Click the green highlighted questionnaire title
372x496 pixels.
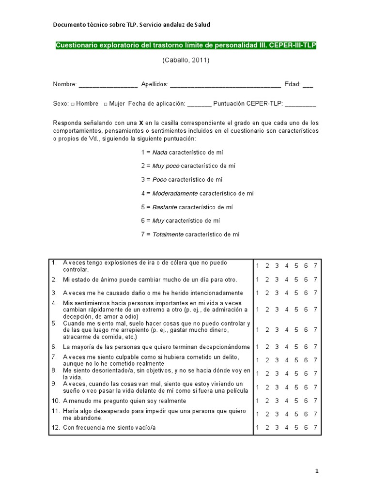[186, 46]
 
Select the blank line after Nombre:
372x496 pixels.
[108, 85]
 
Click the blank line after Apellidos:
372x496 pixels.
[225, 85]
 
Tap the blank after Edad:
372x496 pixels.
[308, 85]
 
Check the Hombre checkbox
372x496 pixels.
[72, 104]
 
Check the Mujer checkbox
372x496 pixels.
[106, 104]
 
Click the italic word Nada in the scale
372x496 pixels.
[159, 152]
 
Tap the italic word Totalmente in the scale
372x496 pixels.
[168, 234]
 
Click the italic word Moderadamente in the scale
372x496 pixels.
[175, 193]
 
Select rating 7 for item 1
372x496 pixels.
[315, 265]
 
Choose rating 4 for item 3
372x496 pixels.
[287, 293]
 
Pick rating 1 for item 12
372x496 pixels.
[258, 427]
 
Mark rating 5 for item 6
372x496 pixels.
[296, 347]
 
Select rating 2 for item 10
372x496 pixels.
[267, 401]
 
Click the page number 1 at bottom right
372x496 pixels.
[317, 471]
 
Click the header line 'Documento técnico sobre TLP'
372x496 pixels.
[131, 25]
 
